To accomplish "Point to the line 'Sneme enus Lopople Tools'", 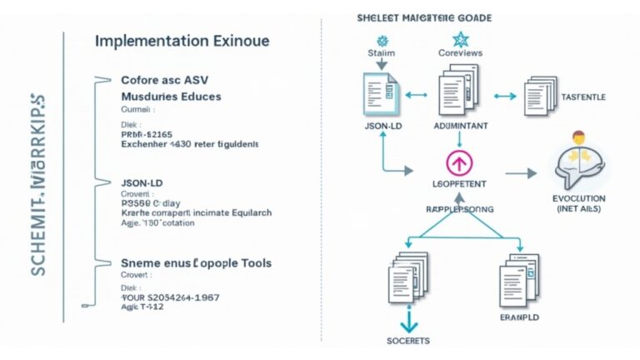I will click(x=196, y=263).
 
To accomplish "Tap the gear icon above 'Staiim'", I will click(x=382, y=39).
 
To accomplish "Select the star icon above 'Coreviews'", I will click(x=460, y=38).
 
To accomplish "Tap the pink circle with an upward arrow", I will click(x=460, y=161).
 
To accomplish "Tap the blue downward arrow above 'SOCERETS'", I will click(x=407, y=321).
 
